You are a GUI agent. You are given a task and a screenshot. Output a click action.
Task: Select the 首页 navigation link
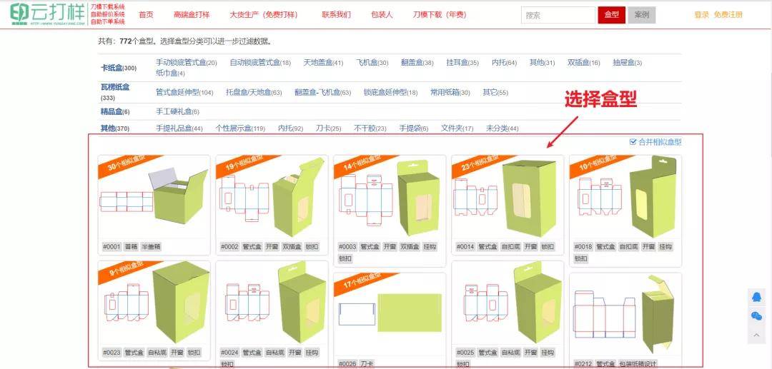(x=146, y=15)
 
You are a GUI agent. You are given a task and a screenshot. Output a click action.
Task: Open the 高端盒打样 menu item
(x=192, y=15)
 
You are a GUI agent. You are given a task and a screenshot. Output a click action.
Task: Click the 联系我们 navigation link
(x=336, y=15)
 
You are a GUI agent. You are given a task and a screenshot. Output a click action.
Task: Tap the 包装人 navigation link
(x=382, y=15)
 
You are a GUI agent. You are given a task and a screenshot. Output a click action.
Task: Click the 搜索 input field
(x=558, y=15)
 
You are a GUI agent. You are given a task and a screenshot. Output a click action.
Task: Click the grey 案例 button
(x=641, y=15)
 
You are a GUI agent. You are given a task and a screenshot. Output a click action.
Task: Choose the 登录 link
(x=701, y=15)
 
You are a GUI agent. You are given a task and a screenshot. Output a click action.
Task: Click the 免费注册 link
(x=728, y=15)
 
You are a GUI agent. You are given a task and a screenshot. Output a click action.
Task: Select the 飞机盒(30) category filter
(x=372, y=63)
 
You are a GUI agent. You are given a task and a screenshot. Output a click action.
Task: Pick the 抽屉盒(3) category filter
(x=627, y=63)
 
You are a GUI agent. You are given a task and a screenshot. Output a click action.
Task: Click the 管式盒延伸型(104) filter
(x=184, y=92)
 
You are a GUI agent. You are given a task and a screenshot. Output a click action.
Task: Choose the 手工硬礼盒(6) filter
(x=177, y=111)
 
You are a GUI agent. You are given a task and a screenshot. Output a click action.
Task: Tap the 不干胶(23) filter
(x=370, y=128)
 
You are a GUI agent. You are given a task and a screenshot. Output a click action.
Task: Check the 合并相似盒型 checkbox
(x=633, y=142)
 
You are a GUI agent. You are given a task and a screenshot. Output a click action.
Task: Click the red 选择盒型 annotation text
(x=600, y=100)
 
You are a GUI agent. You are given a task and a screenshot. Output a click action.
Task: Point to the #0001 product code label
(x=112, y=246)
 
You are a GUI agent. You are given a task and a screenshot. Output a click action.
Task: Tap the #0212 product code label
(x=583, y=364)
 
